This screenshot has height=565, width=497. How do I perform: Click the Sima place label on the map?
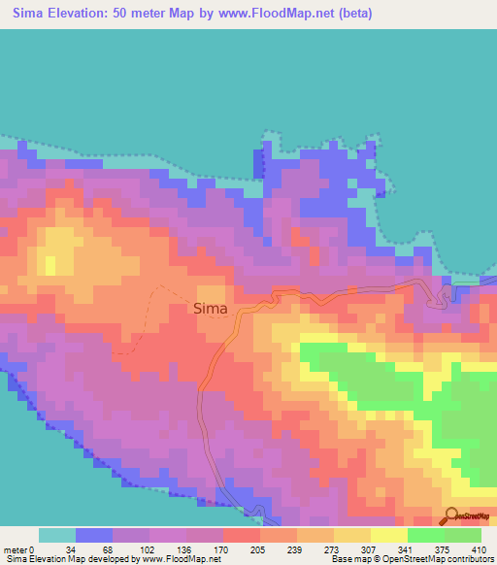click(211, 309)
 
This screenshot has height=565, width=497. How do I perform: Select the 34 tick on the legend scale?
click(70, 549)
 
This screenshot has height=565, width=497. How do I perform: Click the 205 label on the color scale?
click(255, 549)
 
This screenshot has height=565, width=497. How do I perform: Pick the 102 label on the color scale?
click(145, 549)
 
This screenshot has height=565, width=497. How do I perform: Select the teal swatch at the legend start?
click(57, 535)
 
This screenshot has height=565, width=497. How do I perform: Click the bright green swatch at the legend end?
click(463, 535)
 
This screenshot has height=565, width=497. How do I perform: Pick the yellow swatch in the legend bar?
click(352, 535)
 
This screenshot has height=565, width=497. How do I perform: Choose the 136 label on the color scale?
click(182, 549)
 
